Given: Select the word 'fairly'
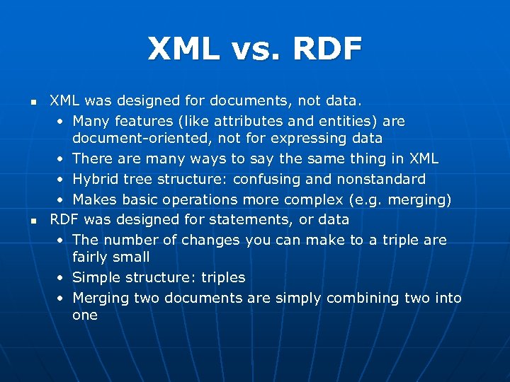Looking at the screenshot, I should (92, 257).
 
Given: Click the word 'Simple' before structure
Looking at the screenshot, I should (96, 277).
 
